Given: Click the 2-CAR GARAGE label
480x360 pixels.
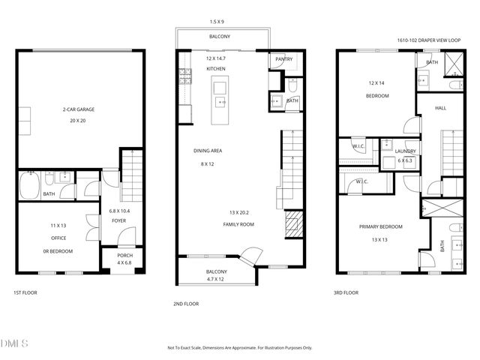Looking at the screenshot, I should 78,109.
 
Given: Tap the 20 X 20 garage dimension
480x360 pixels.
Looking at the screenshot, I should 78,120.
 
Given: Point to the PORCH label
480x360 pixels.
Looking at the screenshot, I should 125,256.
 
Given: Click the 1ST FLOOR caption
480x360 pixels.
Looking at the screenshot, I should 25,292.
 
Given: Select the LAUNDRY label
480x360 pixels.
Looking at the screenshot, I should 405,151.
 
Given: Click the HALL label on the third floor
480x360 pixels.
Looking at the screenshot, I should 440,108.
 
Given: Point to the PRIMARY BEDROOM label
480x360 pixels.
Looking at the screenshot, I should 381,227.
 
